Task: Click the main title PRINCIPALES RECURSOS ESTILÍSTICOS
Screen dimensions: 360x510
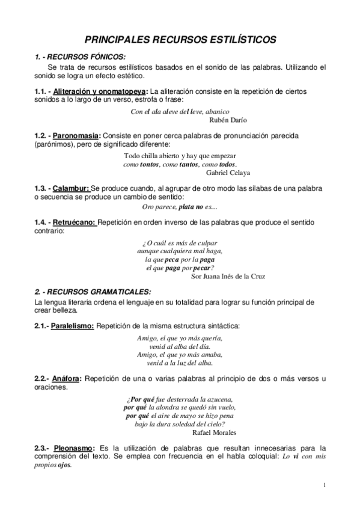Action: point(180,40)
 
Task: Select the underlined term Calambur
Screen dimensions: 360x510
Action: point(74,189)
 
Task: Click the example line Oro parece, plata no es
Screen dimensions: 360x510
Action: point(179,207)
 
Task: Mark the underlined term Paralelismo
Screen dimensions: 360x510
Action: point(72,326)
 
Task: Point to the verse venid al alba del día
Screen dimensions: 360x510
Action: point(180,346)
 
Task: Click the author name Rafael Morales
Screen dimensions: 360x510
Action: point(214,432)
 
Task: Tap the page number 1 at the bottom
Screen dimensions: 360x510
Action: point(324,485)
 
